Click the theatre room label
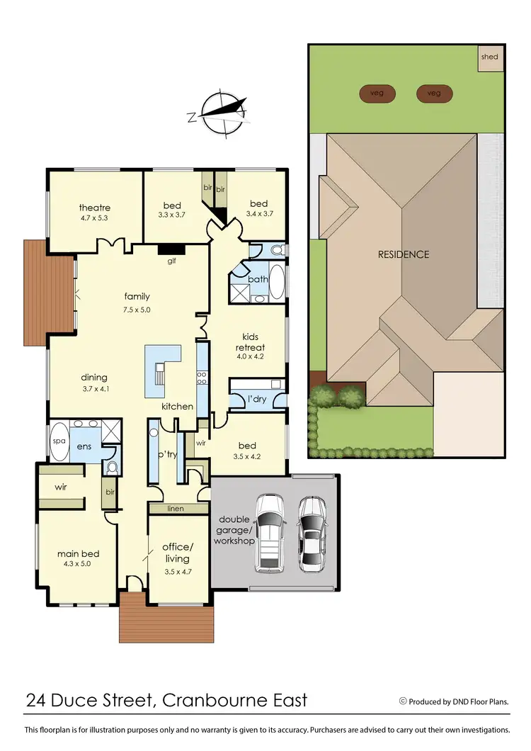tap(94, 208)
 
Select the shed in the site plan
tap(489, 57)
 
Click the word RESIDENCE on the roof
tap(403, 254)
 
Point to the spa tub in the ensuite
tap(59, 441)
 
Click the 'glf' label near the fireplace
tap(171, 261)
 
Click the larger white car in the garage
tap(269, 532)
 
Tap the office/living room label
tap(177, 553)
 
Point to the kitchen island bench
tap(162, 371)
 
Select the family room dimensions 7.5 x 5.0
tap(137, 310)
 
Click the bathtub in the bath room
tap(277, 282)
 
